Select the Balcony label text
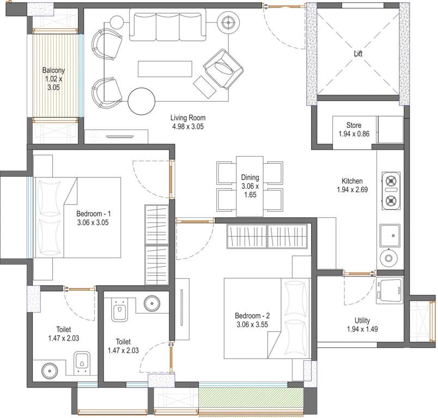pyautogui.click(x=54, y=78)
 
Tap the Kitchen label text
pyautogui.click(x=352, y=185)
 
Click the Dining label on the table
pyautogui.click(x=250, y=186)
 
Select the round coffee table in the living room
pyautogui.click(x=142, y=100)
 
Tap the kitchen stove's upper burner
pyautogui.click(x=390, y=180)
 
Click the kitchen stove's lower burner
pyautogui.click(x=390, y=201)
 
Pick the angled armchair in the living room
pyautogui.click(x=223, y=68)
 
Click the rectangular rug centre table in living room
pyautogui.click(x=165, y=69)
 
